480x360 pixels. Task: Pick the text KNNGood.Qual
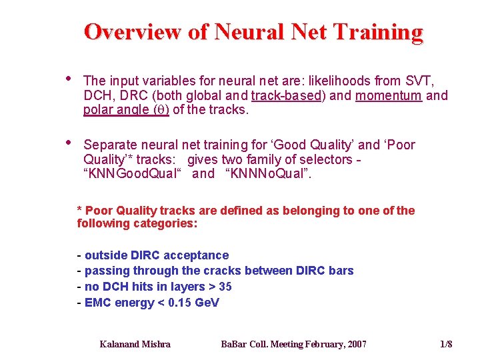click(x=135, y=174)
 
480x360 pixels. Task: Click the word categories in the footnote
click(x=163, y=224)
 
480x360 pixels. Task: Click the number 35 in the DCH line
click(x=225, y=287)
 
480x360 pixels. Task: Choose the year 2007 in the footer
click(x=355, y=344)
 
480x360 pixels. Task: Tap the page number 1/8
click(x=446, y=344)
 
